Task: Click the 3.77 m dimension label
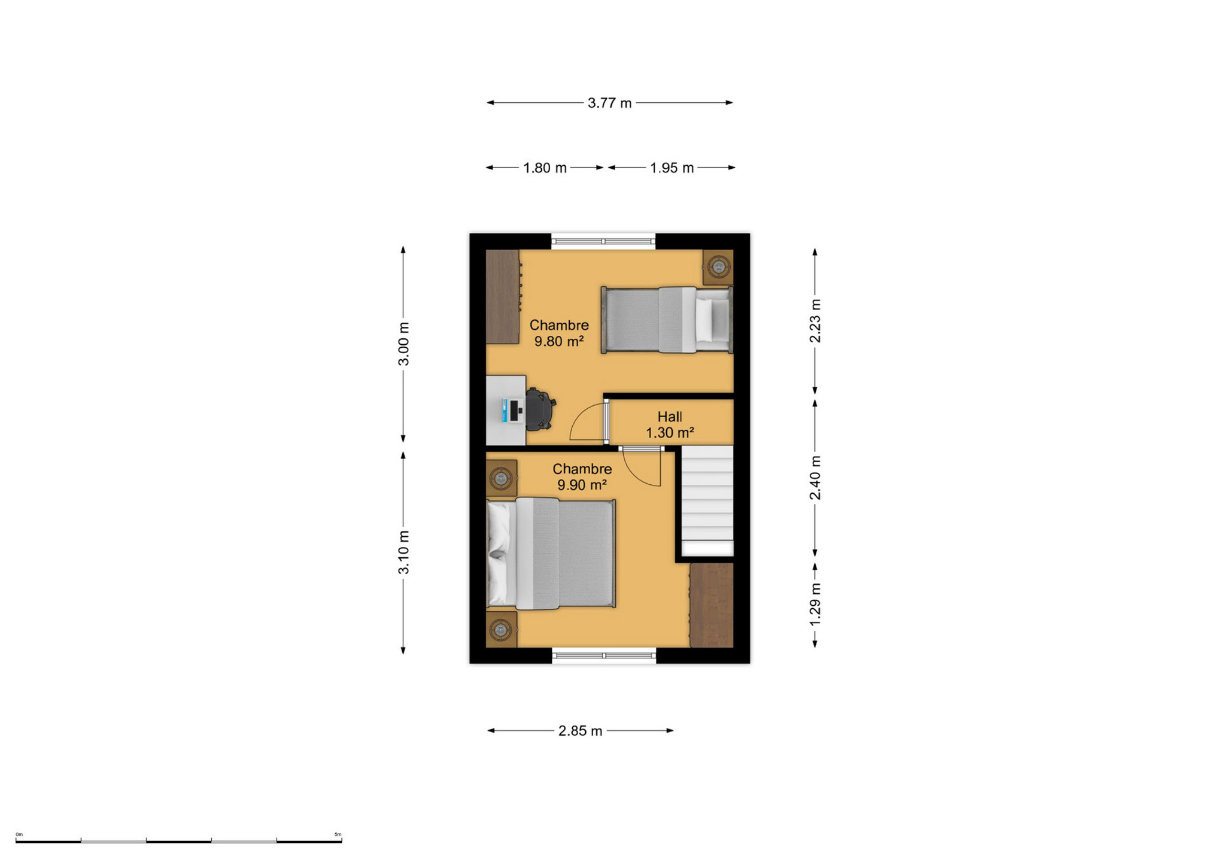(609, 103)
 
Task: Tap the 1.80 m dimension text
(545, 168)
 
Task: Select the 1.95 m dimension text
(672, 168)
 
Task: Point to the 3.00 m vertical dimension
(404, 344)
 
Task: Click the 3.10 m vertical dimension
(404, 552)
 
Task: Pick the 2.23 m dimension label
(815, 321)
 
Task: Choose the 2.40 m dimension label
(815, 478)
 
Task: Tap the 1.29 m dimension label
(815, 604)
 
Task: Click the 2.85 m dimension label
(580, 731)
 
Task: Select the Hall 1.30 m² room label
(670, 424)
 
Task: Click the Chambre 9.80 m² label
(559, 333)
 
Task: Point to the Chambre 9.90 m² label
(582, 476)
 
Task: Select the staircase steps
(707, 500)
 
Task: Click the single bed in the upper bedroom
(667, 320)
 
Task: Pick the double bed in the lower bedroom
(551, 553)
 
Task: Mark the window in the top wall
(603, 241)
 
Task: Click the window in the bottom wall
(604, 656)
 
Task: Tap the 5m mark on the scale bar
(338, 834)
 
